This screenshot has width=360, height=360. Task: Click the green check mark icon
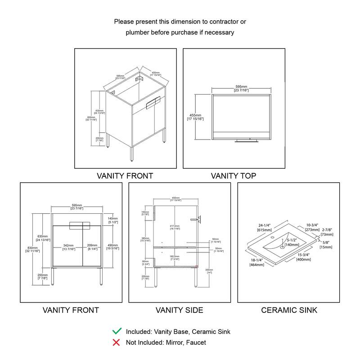[x=117, y=331]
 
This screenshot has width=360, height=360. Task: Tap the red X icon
[x=117, y=342]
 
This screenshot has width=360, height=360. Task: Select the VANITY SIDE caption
[x=179, y=310]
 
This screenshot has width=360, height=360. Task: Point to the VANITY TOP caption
[x=234, y=176]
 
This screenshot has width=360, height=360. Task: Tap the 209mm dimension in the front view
[x=93, y=246]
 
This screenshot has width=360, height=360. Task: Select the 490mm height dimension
[x=112, y=246]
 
